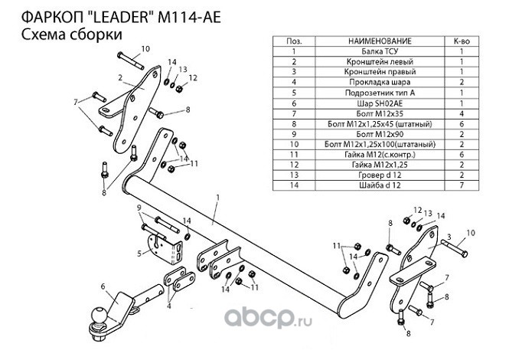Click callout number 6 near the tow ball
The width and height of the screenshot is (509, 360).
102,287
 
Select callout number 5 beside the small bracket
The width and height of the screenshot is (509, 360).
139,253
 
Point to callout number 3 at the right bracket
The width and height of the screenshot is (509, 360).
449,237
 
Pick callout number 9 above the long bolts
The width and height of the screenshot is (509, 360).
139,208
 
